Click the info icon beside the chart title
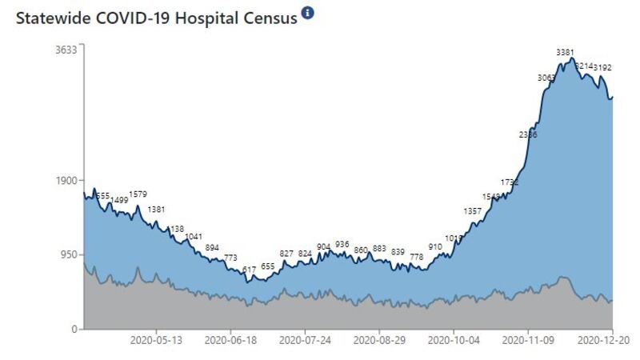pyautogui.click(x=308, y=14)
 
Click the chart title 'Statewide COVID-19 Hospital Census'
pyautogui.click(x=156, y=16)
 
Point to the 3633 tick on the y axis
pyautogui.click(x=66, y=50)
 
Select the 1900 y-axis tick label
pyautogui.click(x=66, y=180)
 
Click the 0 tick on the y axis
pyautogui.click(x=74, y=329)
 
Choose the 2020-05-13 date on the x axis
pyautogui.click(x=156, y=340)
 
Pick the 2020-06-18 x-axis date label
pyautogui.click(x=231, y=340)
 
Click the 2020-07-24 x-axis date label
pyautogui.click(x=305, y=340)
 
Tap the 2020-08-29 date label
pyautogui.click(x=379, y=340)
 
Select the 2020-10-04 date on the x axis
pyautogui.click(x=454, y=340)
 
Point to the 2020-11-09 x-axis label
pyautogui.click(x=528, y=340)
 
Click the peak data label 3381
pyautogui.click(x=566, y=53)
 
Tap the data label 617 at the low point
pyautogui.click(x=249, y=270)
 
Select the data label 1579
pyautogui.click(x=139, y=194)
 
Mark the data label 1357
pyautogui.click(x=473, y=211)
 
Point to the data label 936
pyautogui.click(x=342, y=244)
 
